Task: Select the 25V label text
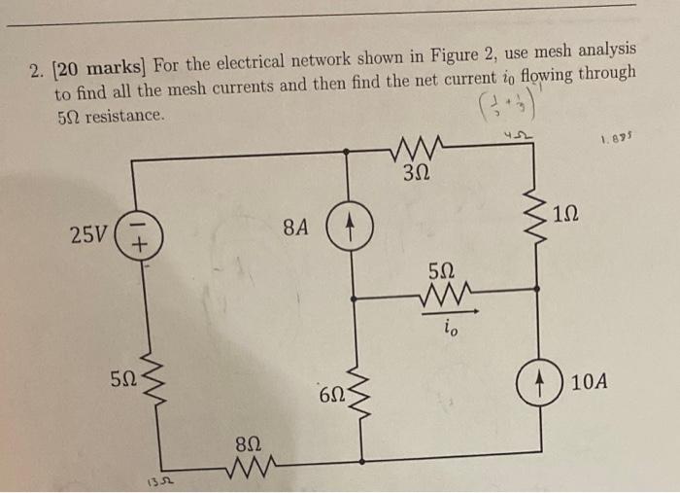pyautogui.click(x=87, y=234)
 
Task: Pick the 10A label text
pyautogui.click(x=590, y=382)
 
